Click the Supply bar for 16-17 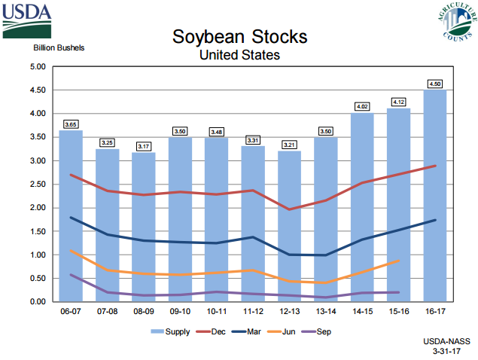pyautogui.click(x=435, y=196)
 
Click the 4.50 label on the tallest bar pyautogui.click(x=435, y=83)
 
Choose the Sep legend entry pyautogui.click(x=317, y=331)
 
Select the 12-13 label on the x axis pyautogui.click(x=289, y=311)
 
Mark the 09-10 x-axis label pyautogui.click(x=180, y=311)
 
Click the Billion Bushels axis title pyautogui.click(x=59, y=48)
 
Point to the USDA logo pyautogui.click(x=29, y=20)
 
